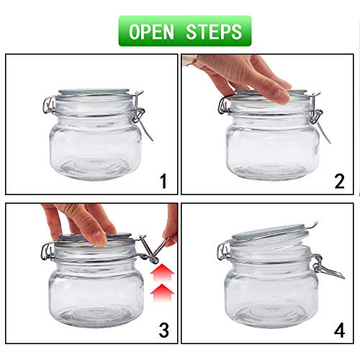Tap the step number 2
(339, 181)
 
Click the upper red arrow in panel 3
(163, 271)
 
